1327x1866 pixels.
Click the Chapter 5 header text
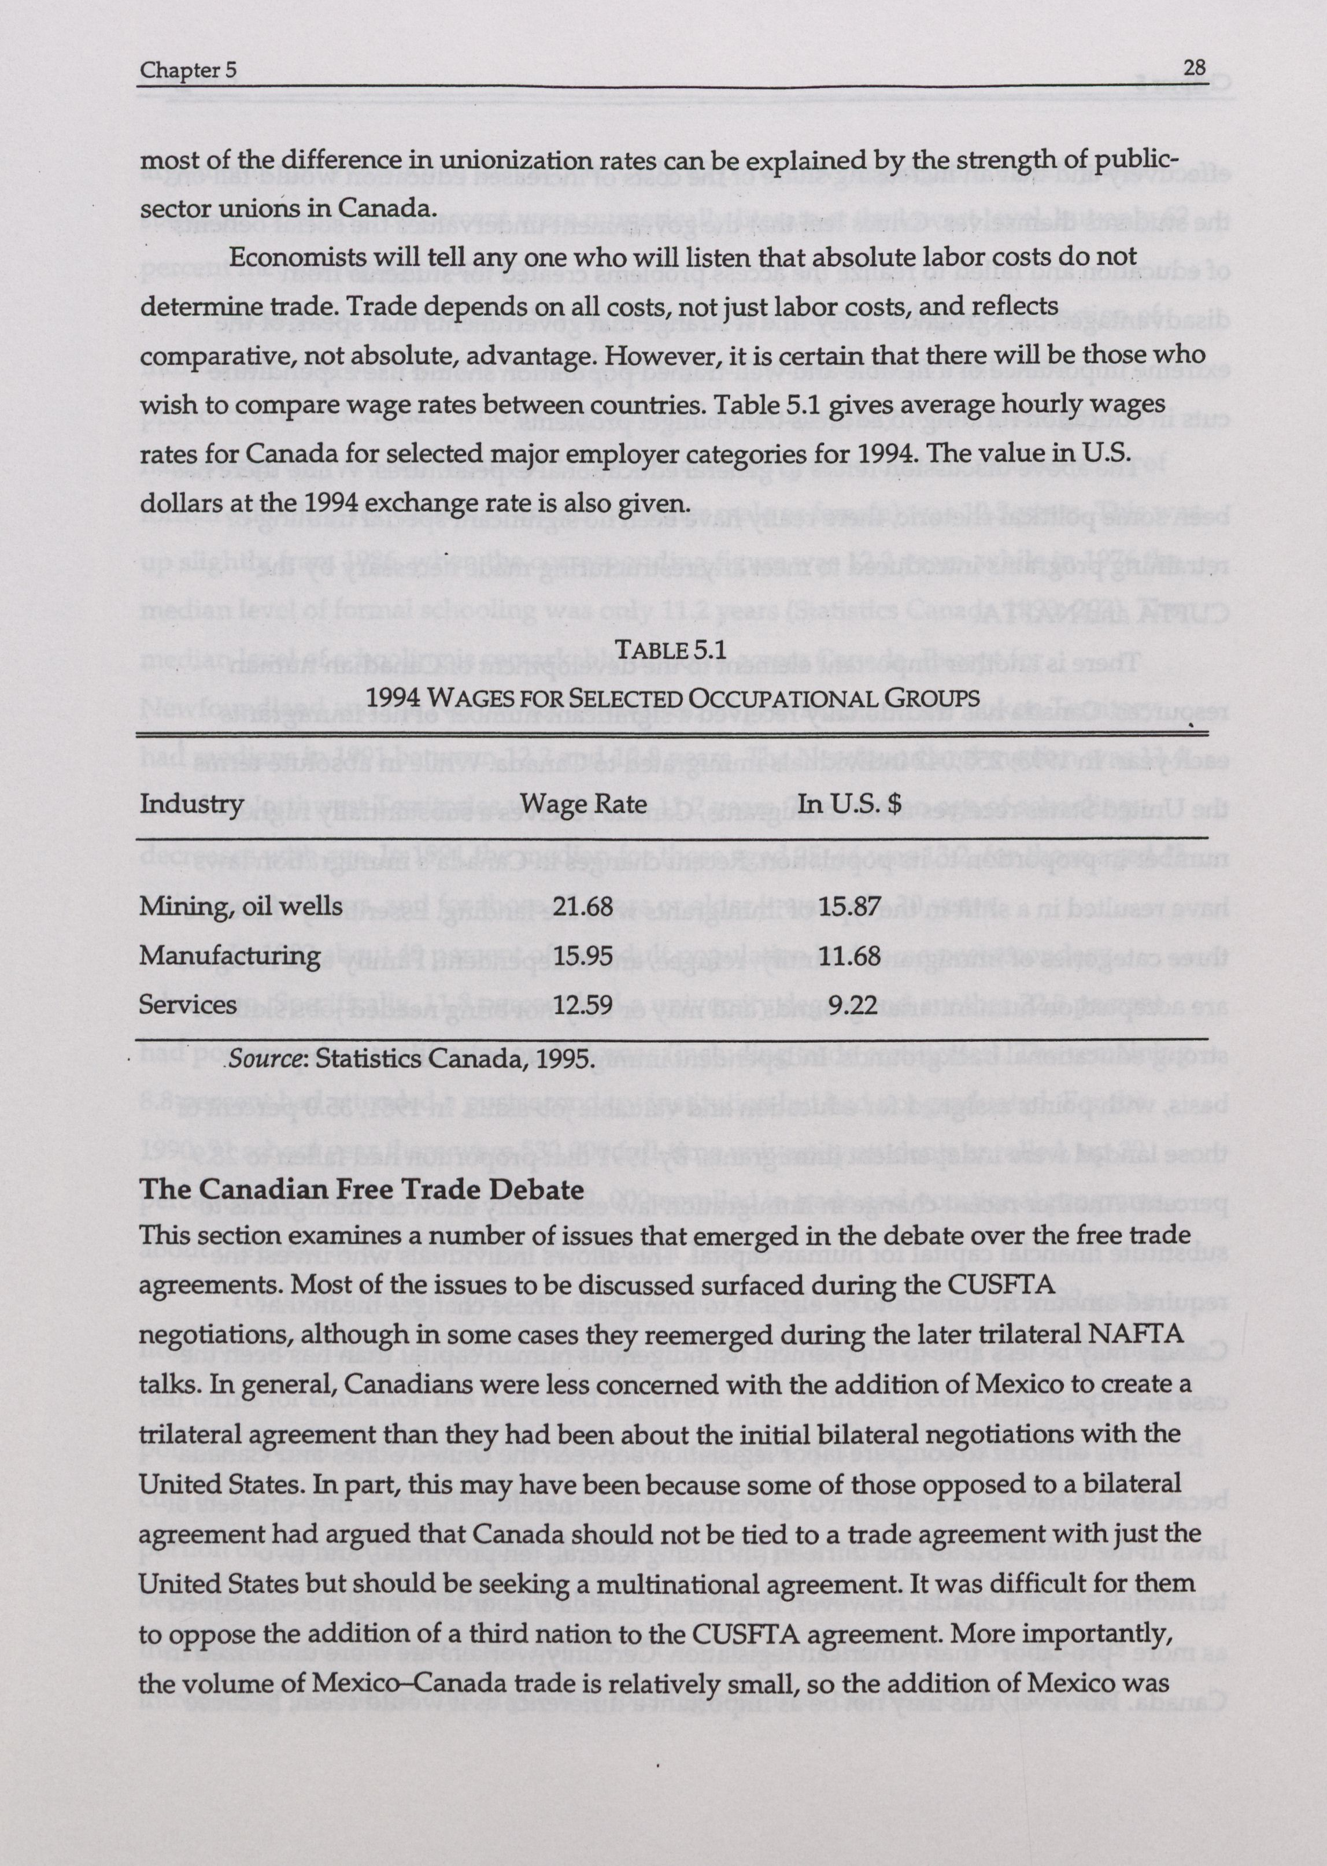[x=188, y=71]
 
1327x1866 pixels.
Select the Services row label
[x=187, y=1004]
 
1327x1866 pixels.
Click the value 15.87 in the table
[x=850, y=907]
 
